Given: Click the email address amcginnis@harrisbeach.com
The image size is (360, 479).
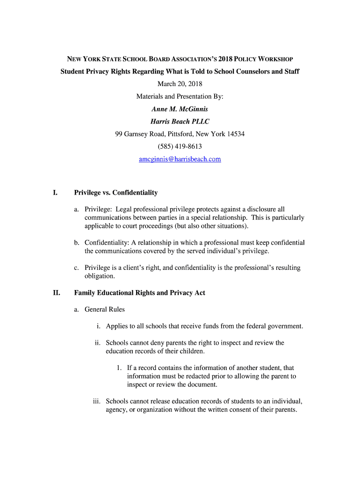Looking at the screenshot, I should (x=180, y=159).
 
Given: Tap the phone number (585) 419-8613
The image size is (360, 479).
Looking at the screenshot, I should (x=180, y=146).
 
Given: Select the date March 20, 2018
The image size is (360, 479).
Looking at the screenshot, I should (x=180, y=84).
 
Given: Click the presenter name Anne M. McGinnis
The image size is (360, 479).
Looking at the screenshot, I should (x=180, y=109).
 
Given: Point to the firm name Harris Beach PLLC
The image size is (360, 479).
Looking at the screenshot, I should (x=180, y=122).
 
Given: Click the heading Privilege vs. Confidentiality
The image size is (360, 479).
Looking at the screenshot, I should (x=116, y=193).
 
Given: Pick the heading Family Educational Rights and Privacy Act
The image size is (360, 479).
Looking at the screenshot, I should (x=140, y=293).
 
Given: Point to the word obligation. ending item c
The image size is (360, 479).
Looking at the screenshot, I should (x=100, y=276).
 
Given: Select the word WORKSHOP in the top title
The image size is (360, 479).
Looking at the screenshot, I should (x=276, y=59).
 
